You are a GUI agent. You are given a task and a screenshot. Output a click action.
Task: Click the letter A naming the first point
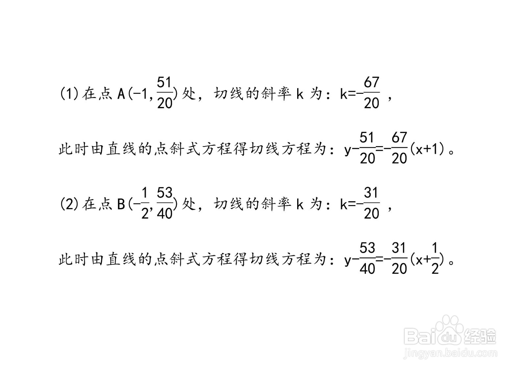[121, 94]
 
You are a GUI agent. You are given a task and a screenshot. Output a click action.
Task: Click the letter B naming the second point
[121, 204]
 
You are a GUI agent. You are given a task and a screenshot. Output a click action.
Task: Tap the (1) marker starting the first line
[69, 94]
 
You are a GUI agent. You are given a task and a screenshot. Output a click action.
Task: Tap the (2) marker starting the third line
[69, 204]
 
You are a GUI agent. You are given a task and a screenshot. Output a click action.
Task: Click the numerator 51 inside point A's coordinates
[164, 82]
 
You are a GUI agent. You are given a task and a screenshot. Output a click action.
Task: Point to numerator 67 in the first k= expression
[371, 82]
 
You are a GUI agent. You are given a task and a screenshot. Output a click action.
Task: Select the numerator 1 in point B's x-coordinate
[145, 193]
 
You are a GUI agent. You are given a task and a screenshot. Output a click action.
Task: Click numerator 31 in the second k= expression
[371, 193]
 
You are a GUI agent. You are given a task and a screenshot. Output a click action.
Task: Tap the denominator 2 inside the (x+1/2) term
[435, 269]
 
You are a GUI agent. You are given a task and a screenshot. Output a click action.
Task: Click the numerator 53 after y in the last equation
[367, 248]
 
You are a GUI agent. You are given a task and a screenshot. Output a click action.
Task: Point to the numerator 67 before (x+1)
[399, 138]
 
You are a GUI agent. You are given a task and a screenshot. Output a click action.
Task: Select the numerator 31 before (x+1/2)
[399, 248]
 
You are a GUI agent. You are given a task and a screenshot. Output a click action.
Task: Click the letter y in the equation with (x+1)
[348, 151]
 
